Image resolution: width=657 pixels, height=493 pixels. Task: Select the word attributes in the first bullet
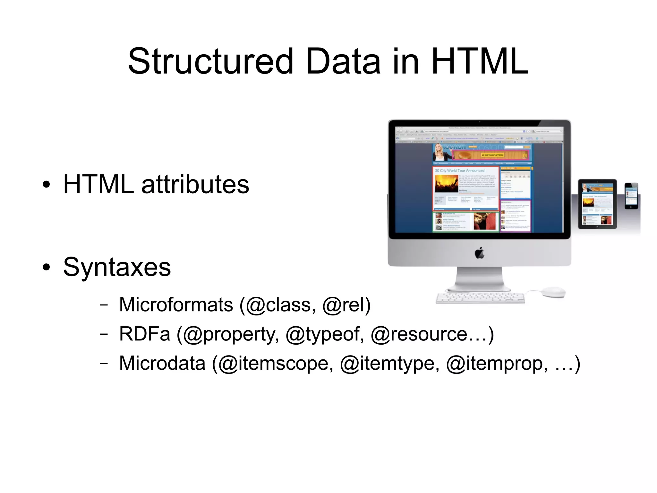(x=195, y=184)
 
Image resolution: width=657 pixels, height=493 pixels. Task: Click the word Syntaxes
(x=117, y=267)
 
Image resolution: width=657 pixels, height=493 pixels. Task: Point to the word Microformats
(x=176, y=304)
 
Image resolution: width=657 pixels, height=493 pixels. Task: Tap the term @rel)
(x=346, y=304)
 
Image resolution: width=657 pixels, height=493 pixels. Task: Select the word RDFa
(x=145, y=334)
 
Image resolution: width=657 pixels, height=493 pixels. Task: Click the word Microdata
(x=162, y=363)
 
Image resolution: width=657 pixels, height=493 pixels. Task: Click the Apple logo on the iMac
(x=480, y=253)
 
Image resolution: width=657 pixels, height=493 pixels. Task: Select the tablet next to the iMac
(x=597, y=204)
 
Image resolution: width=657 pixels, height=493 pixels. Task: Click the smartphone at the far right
(x=631, y=196)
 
